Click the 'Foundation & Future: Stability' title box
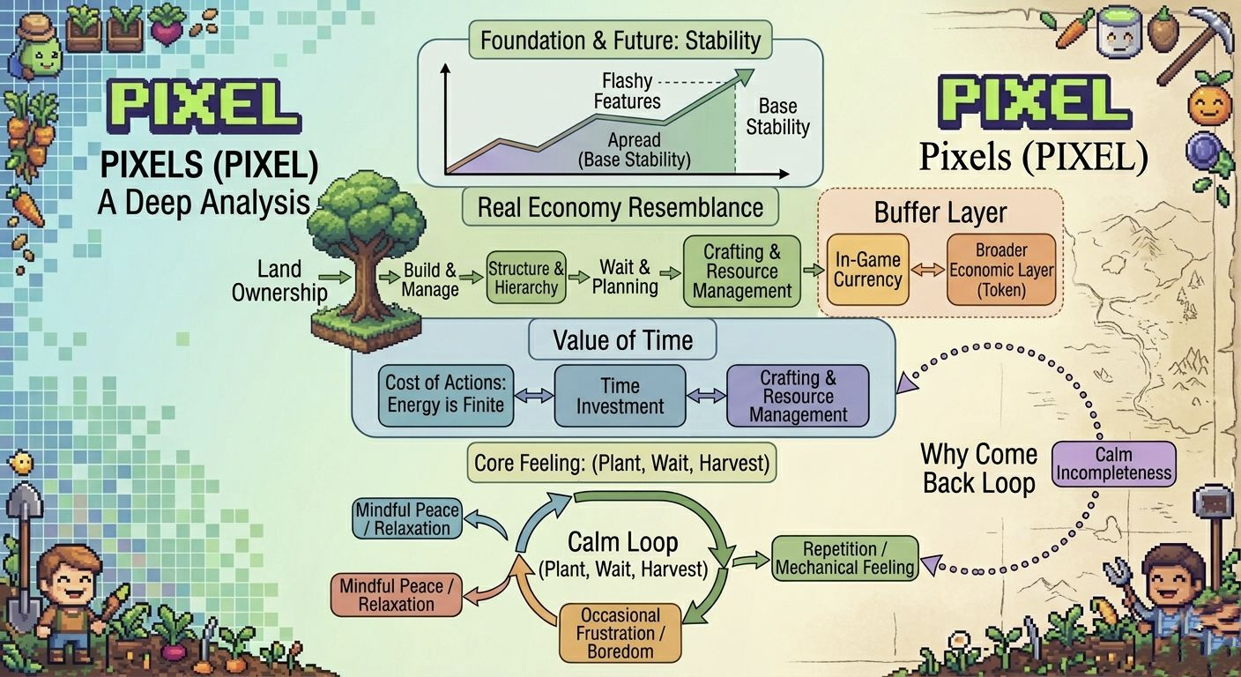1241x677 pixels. pos(620,41)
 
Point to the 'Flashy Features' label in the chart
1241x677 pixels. pos(627,91)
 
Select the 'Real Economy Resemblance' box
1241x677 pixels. pos(620,208)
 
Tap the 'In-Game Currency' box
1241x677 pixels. pos(867,270)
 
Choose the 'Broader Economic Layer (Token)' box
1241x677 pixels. pos(1001,270)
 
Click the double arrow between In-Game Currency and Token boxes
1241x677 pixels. pos(928,271)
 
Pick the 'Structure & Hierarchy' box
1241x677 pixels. pos(526,278)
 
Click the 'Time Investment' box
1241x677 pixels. pos(620,396)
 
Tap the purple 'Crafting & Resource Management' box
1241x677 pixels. pos(798,396)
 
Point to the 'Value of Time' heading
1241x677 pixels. pos(622,340)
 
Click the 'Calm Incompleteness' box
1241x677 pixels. pos(1114,464)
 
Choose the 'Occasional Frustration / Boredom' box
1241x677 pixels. pos(620,633)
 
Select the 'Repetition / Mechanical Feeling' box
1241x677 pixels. pos(844,558)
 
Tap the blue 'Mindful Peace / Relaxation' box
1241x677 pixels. pos(406,519)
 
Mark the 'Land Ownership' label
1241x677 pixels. pos(279,280)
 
